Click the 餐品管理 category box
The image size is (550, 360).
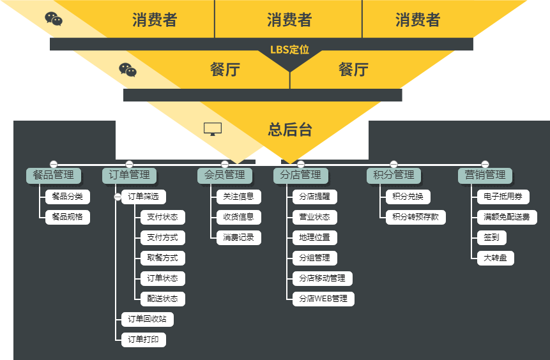pyautogui.click(x=53, y=175)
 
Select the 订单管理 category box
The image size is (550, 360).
pyautogui.click(x=129, y=175)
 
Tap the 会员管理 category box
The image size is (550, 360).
pyautogui.click(x=224, y=175)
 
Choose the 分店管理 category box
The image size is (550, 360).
pyautogui.click(x=301, y=175)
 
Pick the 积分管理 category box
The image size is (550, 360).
pyautogui.click(x=394, y=175)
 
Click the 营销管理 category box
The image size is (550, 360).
pyautogui.click(x=485, y=175)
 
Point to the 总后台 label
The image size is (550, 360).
pyautogui.click(x=290, y=130)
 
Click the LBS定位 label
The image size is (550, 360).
pyautogui.click(x=289, y=49)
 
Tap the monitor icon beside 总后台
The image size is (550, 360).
pyautogui.click(x=213, y=130)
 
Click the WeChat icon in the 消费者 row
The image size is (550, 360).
pyautogui.click(x=54, y=19)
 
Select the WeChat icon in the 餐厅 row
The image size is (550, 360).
pyautogui.click(x=128, y=70)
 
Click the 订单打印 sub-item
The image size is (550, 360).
pyautogui.click(x=144, y=340)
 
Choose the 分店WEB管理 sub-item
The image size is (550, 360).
pyautogui.click(x=323, y=299)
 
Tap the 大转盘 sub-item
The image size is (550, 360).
pyautogui.click(x=495, y=258)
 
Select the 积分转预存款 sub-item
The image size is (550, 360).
pyautogui.click(x=416, y=217)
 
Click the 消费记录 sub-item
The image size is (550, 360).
pyautogui.click(x=238, y=237)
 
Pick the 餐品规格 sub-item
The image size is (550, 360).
pyautogui.click(x=67, y=217)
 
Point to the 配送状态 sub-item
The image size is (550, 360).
pyautogui.click(x=162, y=299)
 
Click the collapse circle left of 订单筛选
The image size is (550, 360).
pyautogui.click(x=118, y=197)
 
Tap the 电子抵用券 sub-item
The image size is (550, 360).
pyautogui.click(x=503, y=197)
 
